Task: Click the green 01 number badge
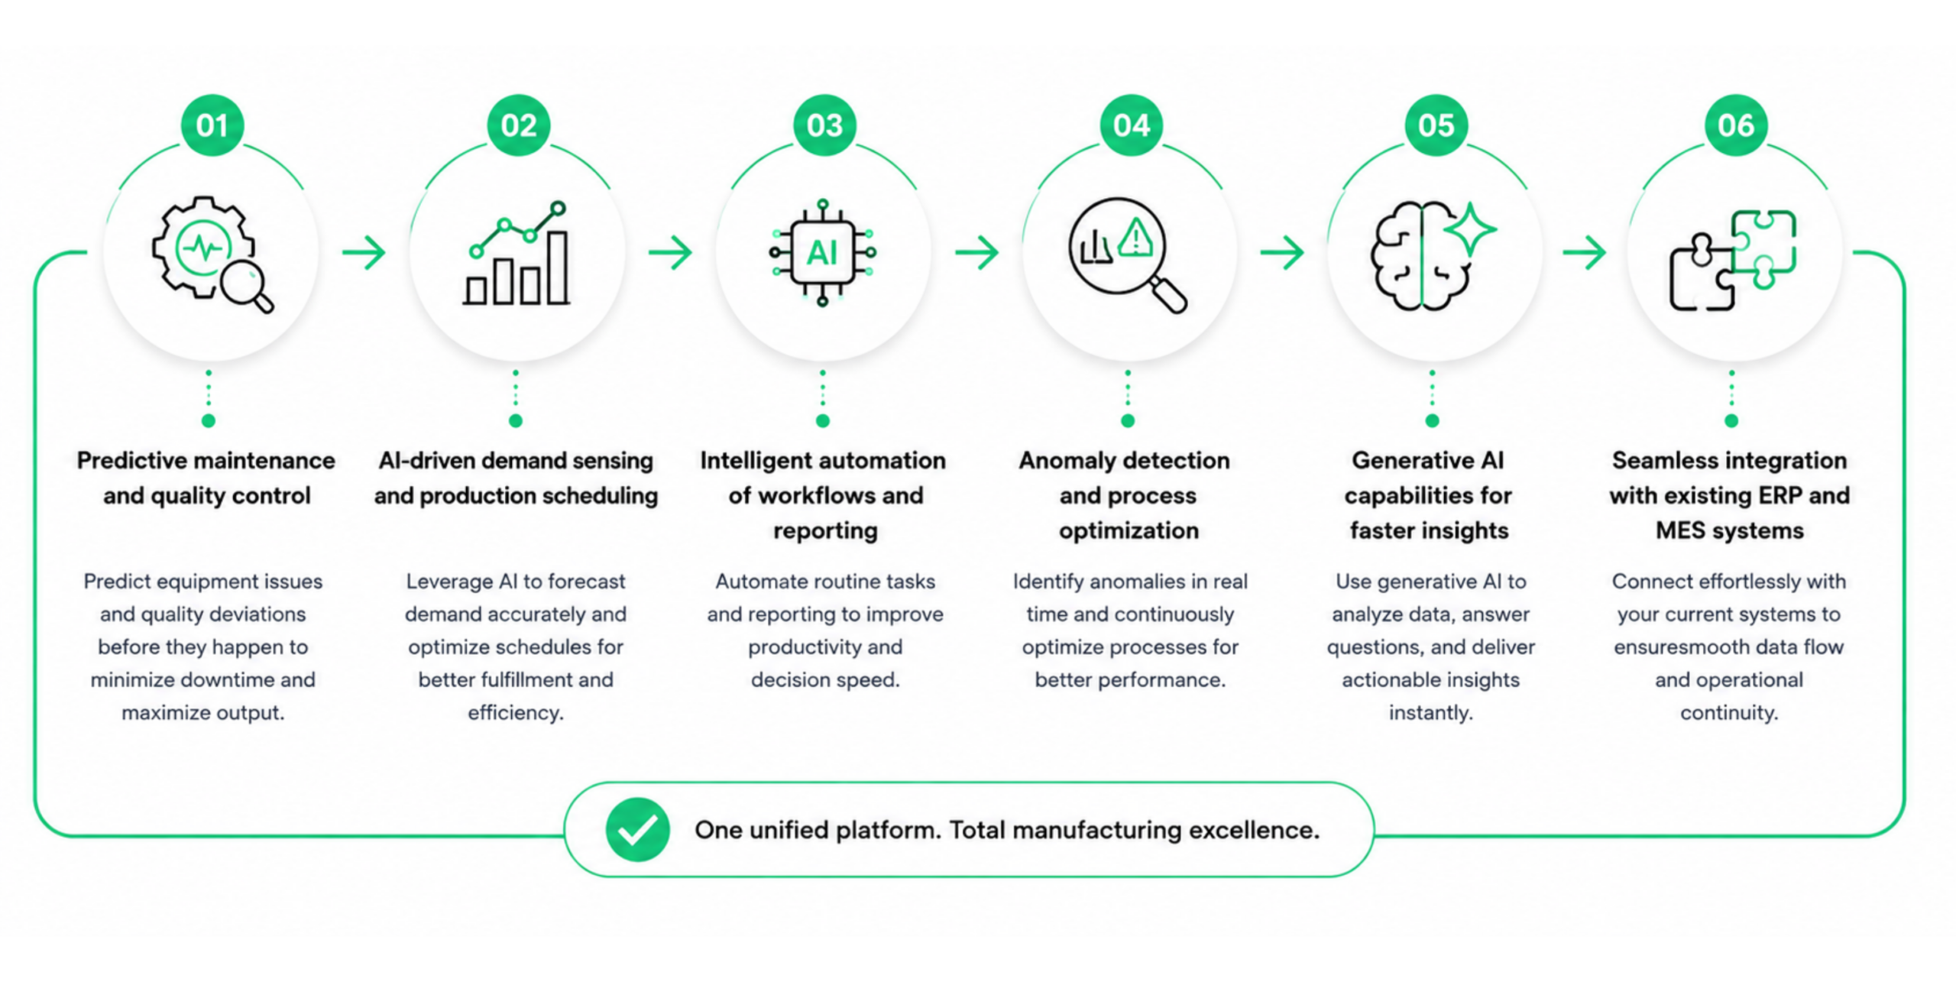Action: pyautogui.click(x=212, y=125)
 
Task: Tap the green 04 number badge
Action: pyautogui.click(x=1131, y=125)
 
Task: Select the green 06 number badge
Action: pyautogui.click(x=1736, y=125)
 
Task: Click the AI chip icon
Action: pyautogui.click(x=823, y=253)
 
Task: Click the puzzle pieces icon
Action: pyautogui.click(x=1732, y=260)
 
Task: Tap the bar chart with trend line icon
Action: pyautogui.click(x=517, y=254)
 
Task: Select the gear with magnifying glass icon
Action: pyautogui.click(x=212, y=254)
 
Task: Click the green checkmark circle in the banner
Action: pyautogui.click(x=637, y=830)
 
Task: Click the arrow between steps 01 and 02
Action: pyautogui.click(x=364, y=253)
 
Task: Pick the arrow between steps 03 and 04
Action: pyautogui.click(x=976, y=253)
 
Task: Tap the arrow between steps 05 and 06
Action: pyautogui.click(x=1585, y=253)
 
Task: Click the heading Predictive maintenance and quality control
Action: pyautogui.click(x=206, y=478)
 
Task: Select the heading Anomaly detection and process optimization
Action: pyautogui.click(x=1125, y=495)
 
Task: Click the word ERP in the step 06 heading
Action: pyautogui.click(x=1780, y=496)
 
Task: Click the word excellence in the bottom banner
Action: pyautogui.click(x=1253, y=830)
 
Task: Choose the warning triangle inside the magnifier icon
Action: pyautogui.click(x=1135, y=237)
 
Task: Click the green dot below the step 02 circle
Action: pyautogui.click(x=516, y=421)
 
